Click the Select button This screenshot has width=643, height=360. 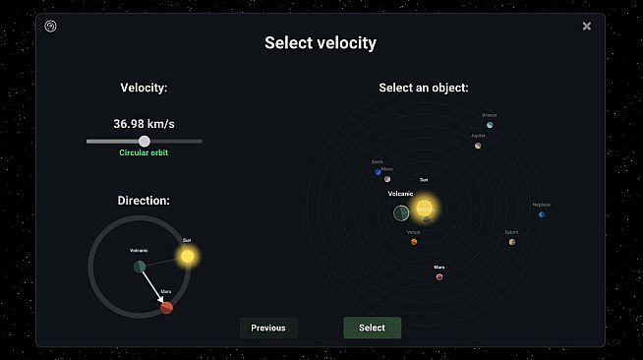click(372, 328)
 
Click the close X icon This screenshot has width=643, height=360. click(587, 27)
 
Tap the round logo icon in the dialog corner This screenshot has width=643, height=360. click(51, 27)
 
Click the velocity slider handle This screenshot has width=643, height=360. click(145, 142)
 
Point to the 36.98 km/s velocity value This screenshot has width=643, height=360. click(145, 124)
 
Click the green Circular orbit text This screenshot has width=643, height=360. click(145, 153)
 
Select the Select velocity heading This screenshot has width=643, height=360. click(321, 43)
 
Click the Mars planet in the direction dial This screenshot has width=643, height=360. click(167, 308)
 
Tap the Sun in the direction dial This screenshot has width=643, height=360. click(187, 256)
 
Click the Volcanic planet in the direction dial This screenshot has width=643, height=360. click(140, 267)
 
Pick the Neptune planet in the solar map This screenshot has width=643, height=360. click(542, 213)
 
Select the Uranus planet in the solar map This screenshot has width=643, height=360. click(490, 125)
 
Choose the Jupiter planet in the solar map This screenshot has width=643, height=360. click(478, 146)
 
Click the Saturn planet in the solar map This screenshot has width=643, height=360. click(512, 242)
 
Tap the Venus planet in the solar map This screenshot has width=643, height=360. click(414, 241)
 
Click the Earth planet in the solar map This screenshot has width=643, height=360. click(378, 171)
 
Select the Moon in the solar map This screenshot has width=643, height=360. click(387, 179)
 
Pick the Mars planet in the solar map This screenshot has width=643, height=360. click(439, 276)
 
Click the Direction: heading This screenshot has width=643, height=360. click(144, 201)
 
